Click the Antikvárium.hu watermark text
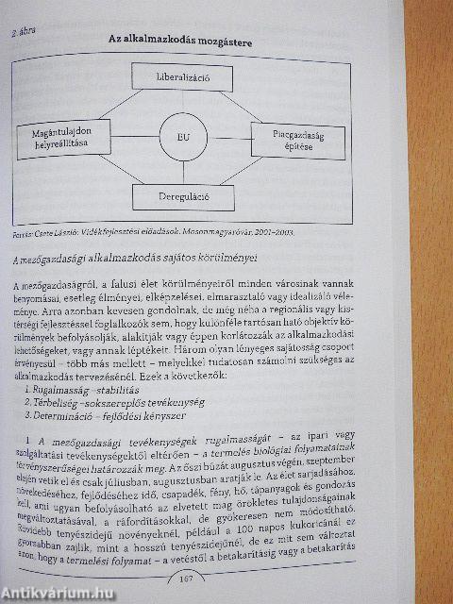click(57, 593)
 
